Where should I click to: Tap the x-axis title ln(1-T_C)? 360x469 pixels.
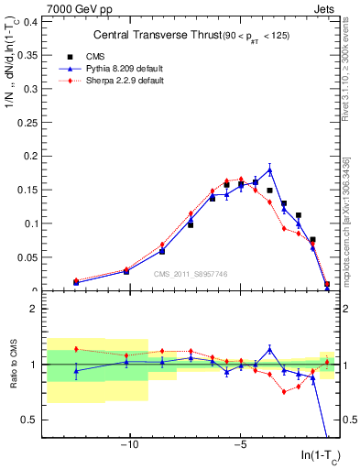[x=320, y=455]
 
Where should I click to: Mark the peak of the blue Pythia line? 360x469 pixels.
[x=270, y=169]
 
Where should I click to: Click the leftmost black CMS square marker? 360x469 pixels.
[x=76, y=282]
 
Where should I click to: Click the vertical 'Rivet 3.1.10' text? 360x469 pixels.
[x=349, y=69]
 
